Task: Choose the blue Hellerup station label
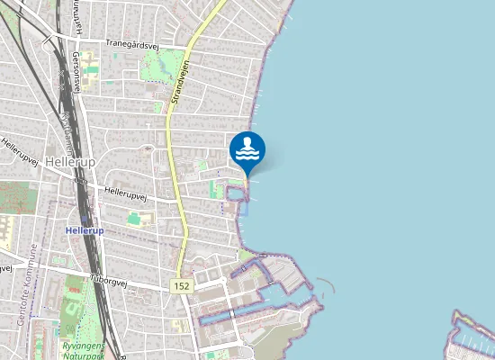pos(85,230)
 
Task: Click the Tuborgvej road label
pos(110,278)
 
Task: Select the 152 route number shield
pos(181,285)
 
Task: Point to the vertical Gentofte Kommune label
pos(22,278)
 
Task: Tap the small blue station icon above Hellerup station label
pos(84,219)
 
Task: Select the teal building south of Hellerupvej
pos(134,218)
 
